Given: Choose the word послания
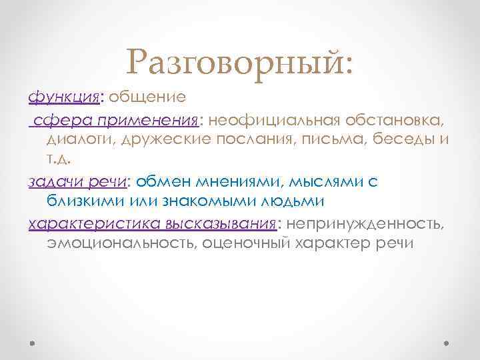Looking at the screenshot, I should pos(258,139).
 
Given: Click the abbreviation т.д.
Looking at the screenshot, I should pos(58,160).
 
